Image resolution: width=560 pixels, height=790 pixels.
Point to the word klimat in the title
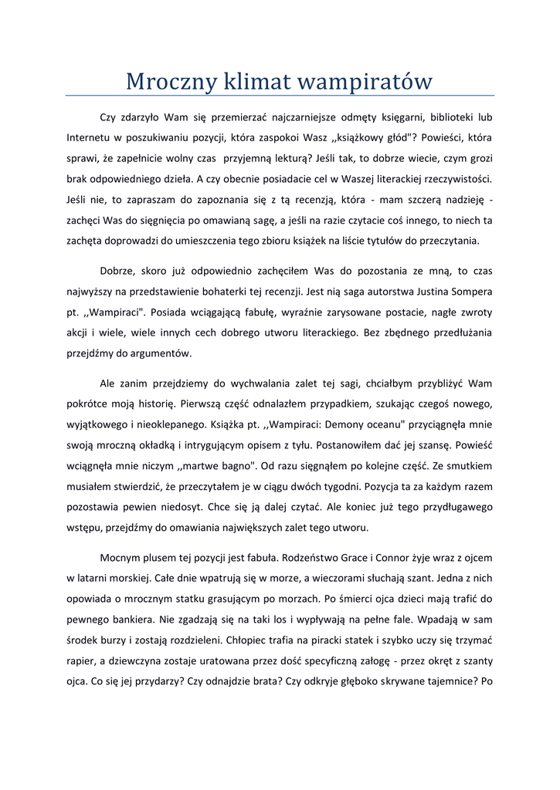[260, 81]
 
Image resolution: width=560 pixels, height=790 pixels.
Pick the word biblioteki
[446, 118]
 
